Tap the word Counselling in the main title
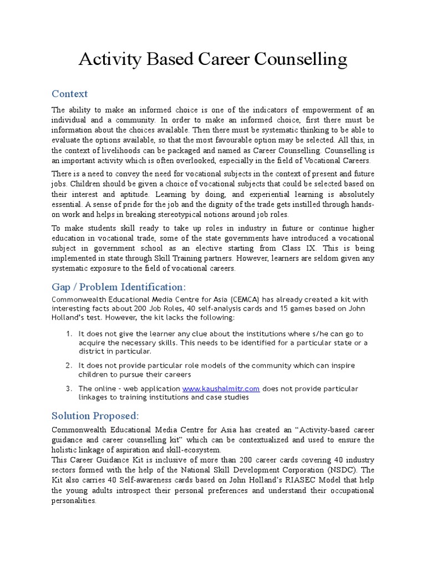point(300,59)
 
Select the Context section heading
point(69,93)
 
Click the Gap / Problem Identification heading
point(119,287)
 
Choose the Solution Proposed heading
point(95,415)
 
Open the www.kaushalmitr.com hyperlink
point(221,389)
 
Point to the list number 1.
point(69,334)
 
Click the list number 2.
point(69,366)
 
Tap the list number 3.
point(69,389)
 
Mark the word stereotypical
point(179,215)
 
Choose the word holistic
point(64,449)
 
